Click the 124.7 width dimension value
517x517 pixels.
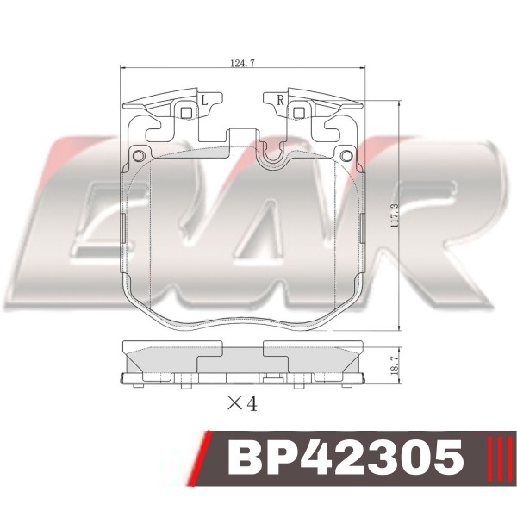[x=242, y=63]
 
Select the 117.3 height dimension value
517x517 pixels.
[x=395, y=215]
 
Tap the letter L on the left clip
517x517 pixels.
[x=205, y=100]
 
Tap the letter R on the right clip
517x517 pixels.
[x=281, y=100]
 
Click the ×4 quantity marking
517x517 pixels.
[x=242, y=403]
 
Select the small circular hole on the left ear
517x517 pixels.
[x=139, y=155]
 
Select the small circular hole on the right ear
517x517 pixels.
[x=346, y=155]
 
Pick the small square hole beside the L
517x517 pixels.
[x=187, y=113]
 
